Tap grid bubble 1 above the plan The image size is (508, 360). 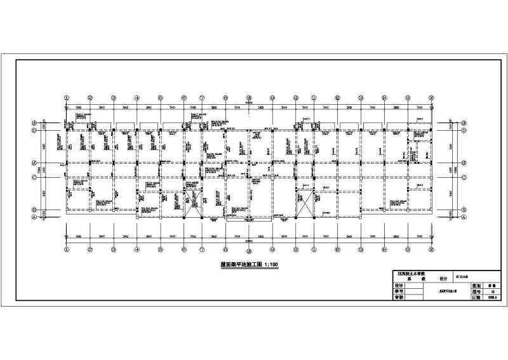click(67, 98)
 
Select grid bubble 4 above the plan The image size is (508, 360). click(137, 98)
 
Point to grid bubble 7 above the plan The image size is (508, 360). click(201, 98)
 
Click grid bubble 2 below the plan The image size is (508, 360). click(90, 249)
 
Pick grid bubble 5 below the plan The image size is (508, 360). click(161, 249)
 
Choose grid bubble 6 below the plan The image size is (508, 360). click(184, 249)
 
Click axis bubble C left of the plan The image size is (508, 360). click(34, 178)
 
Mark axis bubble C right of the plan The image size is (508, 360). click(464, 178)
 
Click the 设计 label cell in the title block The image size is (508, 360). click(399, 286)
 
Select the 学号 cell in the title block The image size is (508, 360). click(399, 291)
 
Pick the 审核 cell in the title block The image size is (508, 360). click(399, 297)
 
